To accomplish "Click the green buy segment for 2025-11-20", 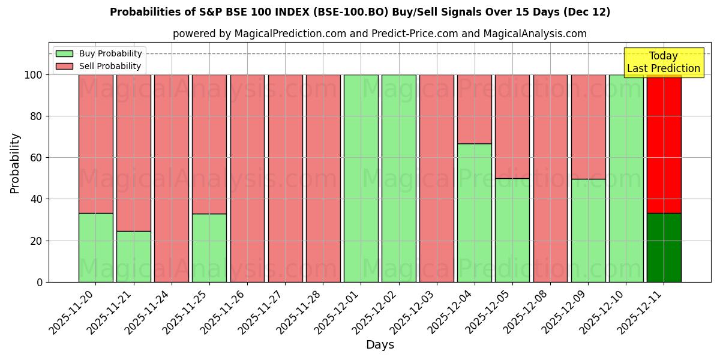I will click(x=95, y=247).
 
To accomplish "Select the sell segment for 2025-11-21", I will click(x=133, y=152).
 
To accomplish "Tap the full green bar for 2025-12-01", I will click(x=361, y=178).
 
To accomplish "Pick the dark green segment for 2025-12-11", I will click(x=664, y=247).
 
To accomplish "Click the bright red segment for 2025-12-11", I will click(x=664, y=143).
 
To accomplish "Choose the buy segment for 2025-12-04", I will click(x=474, y=212).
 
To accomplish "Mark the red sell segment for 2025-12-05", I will click(x=512, y=126).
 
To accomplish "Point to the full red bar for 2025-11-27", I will click(x=285, y=178).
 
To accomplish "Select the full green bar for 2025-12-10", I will click(x=626, y=178).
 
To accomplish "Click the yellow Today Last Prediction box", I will click(x=664, y=62).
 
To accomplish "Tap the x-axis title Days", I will click(x=380, y=345).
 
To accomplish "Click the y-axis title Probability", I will click(x=15, y=163).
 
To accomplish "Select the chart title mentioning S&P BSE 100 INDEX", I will click(x=360, y=12).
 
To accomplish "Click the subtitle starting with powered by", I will click(x=380, y=34).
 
